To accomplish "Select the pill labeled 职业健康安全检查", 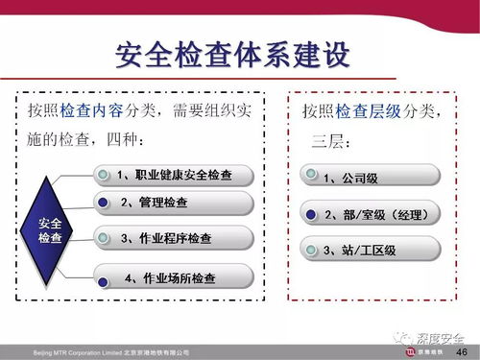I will (x=175, y=175).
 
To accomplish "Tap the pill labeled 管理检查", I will (x=175, y=203).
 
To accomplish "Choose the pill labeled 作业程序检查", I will (x=175, y=236).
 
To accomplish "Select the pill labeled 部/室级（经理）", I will (x=371, y=212).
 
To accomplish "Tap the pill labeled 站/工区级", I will (x=371, y=250).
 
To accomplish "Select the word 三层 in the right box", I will (x=329, y=141).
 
